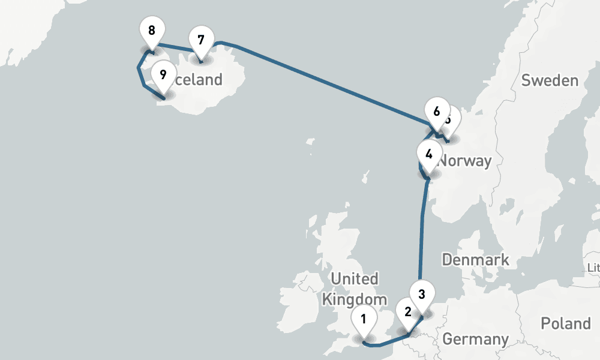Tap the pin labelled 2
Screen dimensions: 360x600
[408, 312]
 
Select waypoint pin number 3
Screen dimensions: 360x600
[422, 295]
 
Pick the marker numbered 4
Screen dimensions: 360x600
[428, 154]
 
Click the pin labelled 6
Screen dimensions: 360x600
[436, 112]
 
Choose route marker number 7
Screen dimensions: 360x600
[200, 40]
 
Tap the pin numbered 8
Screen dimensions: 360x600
[152, 29]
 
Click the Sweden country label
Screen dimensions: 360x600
[549, 80]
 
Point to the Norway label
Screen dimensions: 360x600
[465, 161]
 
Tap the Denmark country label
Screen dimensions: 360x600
[475, 260]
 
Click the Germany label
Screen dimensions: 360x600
[475, 339]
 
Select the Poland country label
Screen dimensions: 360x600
[565, 323]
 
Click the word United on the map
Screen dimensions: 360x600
[355, 279]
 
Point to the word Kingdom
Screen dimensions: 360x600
[355, 299]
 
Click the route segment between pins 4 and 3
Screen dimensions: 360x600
[421, 228]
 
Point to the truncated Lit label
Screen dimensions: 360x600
[593, 267]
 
